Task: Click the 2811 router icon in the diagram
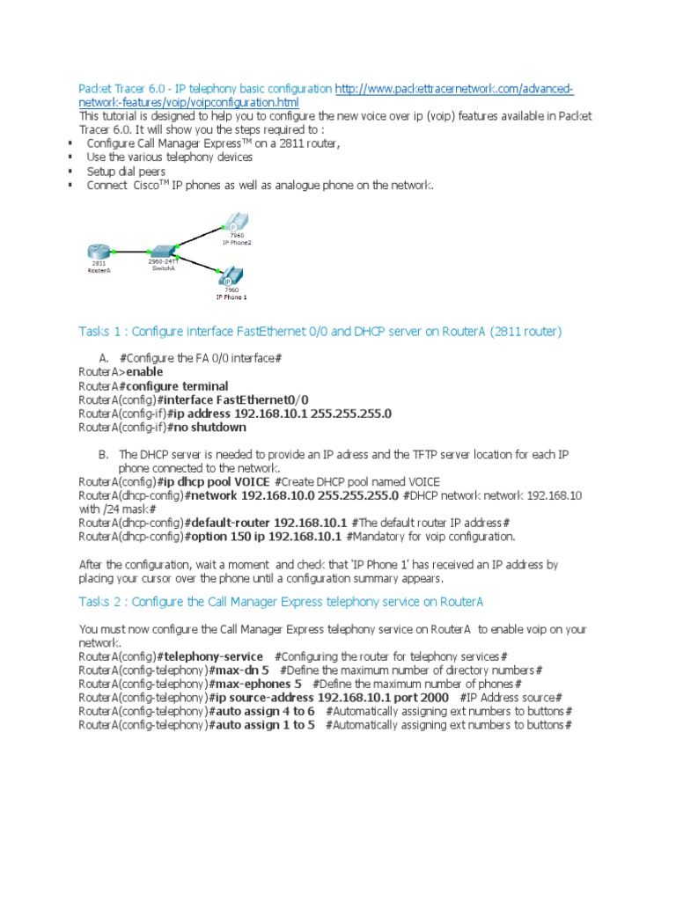click(99, 252)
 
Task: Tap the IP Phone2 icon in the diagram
click(235, 223)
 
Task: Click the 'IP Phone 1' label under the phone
click(231, 297)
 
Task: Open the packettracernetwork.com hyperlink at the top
click(454, 90)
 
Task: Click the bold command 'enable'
click(144, 372)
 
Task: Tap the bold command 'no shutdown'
click(209, 428)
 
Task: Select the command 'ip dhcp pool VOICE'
click(216, 482)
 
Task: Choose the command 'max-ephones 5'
click(258, 685)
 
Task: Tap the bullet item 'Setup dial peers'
click(126, 172)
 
